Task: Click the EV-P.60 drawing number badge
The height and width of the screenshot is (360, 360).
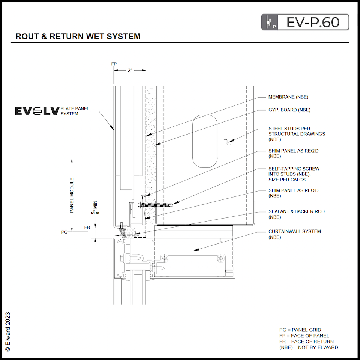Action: click(305, 22)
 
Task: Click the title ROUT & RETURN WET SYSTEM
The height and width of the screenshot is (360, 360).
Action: click(78, 36)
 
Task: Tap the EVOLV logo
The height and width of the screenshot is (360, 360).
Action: click(37, 111)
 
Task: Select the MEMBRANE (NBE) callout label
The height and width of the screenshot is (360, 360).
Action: click(288, 97)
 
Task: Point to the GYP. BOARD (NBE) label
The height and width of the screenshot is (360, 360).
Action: click(289, 110)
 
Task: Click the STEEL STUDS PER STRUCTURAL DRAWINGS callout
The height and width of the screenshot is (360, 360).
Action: click(296, 134)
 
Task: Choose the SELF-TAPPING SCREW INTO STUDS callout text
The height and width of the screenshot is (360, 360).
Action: click(294, 174)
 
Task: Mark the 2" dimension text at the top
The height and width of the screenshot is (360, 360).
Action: click(130, 70)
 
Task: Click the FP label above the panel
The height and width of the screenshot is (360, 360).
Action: click(114, 64)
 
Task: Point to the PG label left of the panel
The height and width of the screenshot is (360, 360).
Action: click(64, 232)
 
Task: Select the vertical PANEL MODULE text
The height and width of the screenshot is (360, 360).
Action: click(72, 195)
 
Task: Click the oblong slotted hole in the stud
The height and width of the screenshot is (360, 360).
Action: click(205, 141)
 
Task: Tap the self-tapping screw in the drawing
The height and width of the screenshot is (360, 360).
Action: click(156, 205)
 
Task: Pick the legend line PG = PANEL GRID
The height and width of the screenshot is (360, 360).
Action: click(300, 330)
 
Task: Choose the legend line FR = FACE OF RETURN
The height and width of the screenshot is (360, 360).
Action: click(306, 342)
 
